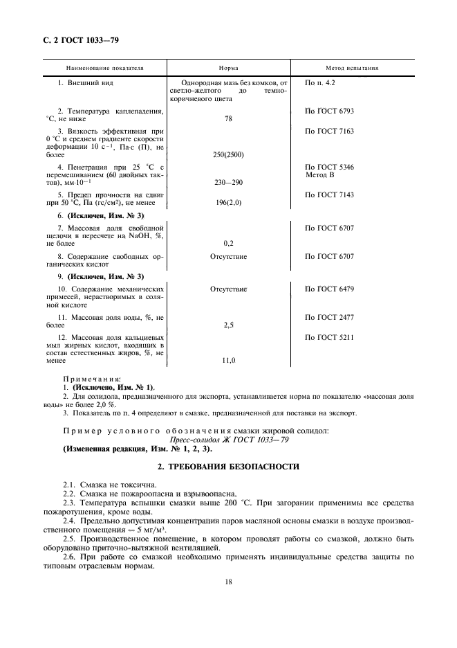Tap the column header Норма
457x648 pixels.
coord(228,69)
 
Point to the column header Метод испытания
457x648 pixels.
coord(352,69)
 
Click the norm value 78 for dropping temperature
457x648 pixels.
coord(228,119)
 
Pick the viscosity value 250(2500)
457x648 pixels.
coord(228,154)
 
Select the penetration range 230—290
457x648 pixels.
coord(228,183)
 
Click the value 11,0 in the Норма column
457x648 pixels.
coord(228,360)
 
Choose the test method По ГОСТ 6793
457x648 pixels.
coord(329,111)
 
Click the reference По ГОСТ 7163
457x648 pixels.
coord(329,129)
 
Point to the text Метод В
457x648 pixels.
coord(319,175)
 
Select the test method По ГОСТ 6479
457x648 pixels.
coord(329,288)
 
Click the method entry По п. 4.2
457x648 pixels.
coord(320,82)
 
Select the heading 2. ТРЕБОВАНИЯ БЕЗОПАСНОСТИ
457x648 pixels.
coord(229,467)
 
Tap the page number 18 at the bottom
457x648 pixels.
coord(228,582)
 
